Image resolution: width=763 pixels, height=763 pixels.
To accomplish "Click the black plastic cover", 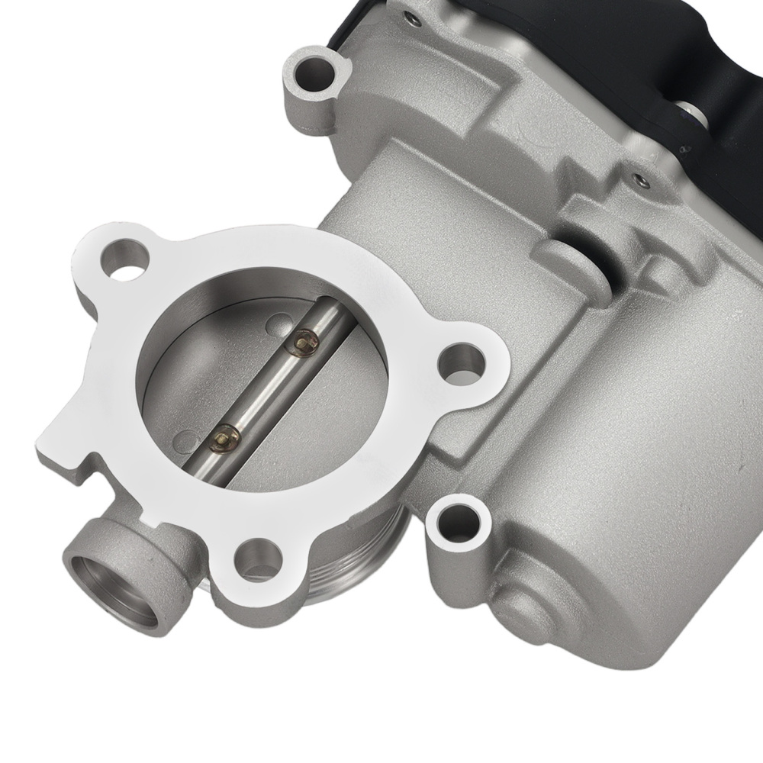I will click(x=671, y=76).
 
